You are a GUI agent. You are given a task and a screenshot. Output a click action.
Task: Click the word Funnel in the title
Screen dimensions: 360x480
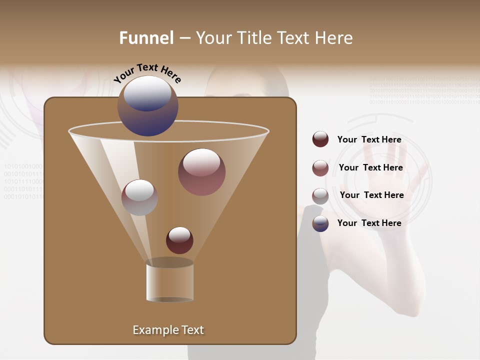tap(146, 38)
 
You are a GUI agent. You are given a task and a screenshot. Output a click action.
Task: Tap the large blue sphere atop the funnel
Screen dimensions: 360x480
tap(148, 106)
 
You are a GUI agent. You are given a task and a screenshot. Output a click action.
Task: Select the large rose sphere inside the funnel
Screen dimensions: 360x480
tap(202, 172)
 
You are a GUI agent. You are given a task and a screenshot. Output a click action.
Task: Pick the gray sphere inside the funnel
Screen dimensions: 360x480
tap(139, 197)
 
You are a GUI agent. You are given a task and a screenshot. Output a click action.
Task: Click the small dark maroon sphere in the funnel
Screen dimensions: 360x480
tap(179, 240)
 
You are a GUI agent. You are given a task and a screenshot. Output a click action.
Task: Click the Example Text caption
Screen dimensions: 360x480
tap(168, 330)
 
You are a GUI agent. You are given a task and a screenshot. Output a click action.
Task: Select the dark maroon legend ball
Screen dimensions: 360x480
tap(320, 139)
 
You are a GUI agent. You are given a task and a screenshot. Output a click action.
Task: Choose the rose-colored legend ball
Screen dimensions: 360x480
tap(320, 168)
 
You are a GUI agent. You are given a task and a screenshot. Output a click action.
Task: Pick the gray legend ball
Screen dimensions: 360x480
tap(320, 196)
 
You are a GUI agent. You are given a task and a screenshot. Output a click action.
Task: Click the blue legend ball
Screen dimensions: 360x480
tap(320, 223)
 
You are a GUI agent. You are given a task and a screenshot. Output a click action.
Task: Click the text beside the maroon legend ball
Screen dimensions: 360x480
tap(369, 140)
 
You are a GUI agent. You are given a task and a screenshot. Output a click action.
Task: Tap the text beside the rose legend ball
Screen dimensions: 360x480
tap(370, 168)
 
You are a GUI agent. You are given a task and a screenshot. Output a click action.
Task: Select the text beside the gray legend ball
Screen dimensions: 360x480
tap(371, 195)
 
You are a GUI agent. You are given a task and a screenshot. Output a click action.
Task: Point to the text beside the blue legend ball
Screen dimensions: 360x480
tap(369, 223)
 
